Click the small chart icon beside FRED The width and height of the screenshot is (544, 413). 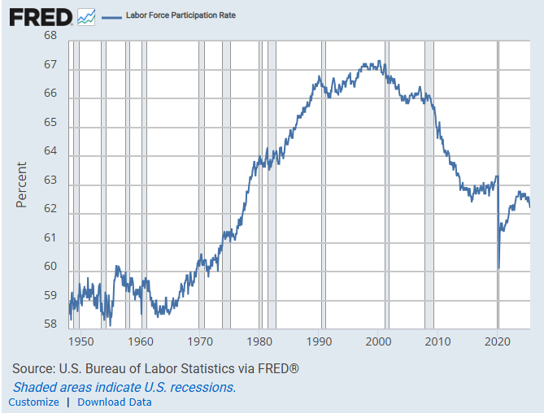pyautogui.click(x=86, y=15)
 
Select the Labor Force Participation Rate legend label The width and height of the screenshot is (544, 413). pyautogui.click(x=181, y=15)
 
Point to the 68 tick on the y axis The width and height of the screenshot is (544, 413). pyautogui.click(x=50, y=36)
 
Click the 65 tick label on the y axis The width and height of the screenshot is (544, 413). pyautogui.click(x=50, y=123)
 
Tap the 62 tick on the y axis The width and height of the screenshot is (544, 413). pyautogui.click(x=50, y=209)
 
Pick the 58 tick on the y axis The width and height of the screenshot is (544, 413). pyautogui.click(x=50, y=324)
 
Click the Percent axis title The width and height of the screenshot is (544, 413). pyautogui.click(x=22, y=185)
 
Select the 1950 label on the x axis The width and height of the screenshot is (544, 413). pyautogui.click(x=82, y=342)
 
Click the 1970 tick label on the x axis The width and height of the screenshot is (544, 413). pyautogui.click(x=201, y=342)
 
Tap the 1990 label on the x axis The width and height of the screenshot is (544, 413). pyautogui.click(x=320, y=342)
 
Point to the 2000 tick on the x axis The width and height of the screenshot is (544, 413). pyautogui.click(x=379, y=342)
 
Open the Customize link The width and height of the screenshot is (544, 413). pyautogui.click(x=33, y=402)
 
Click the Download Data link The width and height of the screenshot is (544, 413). pyautogui.click(x=115, y=402)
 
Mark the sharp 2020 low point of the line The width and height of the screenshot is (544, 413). pyautogui.click(x=498, y=268)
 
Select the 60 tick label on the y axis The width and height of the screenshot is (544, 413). pyautogui.click(x=50, y=267)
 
